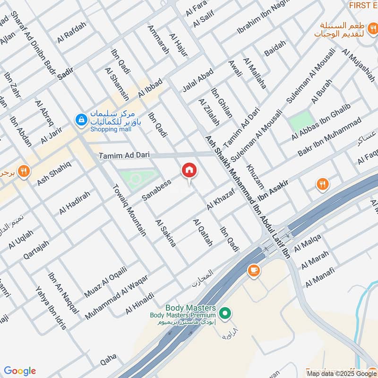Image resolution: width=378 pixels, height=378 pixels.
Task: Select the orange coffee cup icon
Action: (x=254, y=270)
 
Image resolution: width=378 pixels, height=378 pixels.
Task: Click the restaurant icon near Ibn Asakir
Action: (x=323, y=184)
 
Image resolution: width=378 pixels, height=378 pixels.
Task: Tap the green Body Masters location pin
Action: (x=226, y=313)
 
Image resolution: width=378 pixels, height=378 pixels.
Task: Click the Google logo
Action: (x=20, y=371)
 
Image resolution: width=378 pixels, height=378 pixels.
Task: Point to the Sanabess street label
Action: (x=156, y=189)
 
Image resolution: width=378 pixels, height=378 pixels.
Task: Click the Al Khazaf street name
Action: (x=221, y=199)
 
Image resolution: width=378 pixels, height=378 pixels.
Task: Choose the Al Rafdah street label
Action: (x=72, y=33)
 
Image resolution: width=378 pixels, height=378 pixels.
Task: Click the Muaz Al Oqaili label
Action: (x=105, y=282)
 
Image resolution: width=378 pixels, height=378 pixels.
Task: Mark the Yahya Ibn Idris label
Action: (x=51, y=307)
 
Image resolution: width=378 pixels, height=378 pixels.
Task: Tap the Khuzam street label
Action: (x=254, y=177)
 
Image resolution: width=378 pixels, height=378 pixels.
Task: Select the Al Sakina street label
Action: (x=165, y=233)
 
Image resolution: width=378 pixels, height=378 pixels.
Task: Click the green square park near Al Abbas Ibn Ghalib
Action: (x=301, y=121)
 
